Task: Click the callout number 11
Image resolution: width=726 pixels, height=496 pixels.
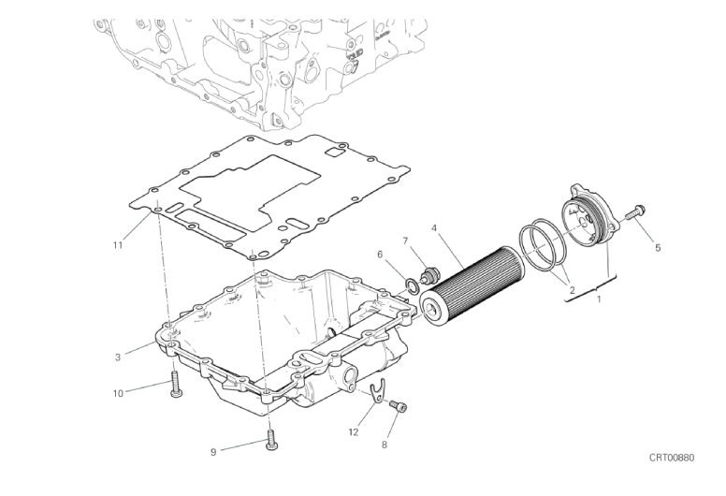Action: (x=118, y=245)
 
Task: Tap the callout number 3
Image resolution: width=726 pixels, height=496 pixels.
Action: (x=118, y=357)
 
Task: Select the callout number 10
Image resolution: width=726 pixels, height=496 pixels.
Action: (x=118, y=394)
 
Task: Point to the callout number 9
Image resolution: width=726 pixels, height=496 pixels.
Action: (x=213, y=452)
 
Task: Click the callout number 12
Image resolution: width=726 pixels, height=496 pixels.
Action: (x=354, y=432)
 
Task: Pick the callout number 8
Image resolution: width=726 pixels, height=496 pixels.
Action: (x=385, y=445)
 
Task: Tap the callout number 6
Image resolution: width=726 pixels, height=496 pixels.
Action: (x=380, y=255)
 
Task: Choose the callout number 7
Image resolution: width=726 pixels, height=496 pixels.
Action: (x=405, y=241)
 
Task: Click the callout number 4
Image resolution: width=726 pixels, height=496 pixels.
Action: (x=434, y=227)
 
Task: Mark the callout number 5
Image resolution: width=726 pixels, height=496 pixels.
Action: (x=658, y=248)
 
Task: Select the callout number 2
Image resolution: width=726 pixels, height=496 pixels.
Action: (x=572, y=290)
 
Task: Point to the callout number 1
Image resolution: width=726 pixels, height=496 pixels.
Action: (x=599, y=299)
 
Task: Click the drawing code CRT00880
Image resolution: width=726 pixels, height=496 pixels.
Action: (x=672, y=458)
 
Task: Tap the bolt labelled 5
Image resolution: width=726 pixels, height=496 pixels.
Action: (x=635, y=212)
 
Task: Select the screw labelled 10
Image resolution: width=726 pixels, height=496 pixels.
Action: (x=176, y=385)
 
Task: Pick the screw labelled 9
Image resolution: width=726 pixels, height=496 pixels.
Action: (x=271, y=440)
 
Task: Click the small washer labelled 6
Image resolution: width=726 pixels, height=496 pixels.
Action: (x=412, y=285)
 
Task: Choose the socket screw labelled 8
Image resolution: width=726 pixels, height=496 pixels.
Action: (x=399, y=406)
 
